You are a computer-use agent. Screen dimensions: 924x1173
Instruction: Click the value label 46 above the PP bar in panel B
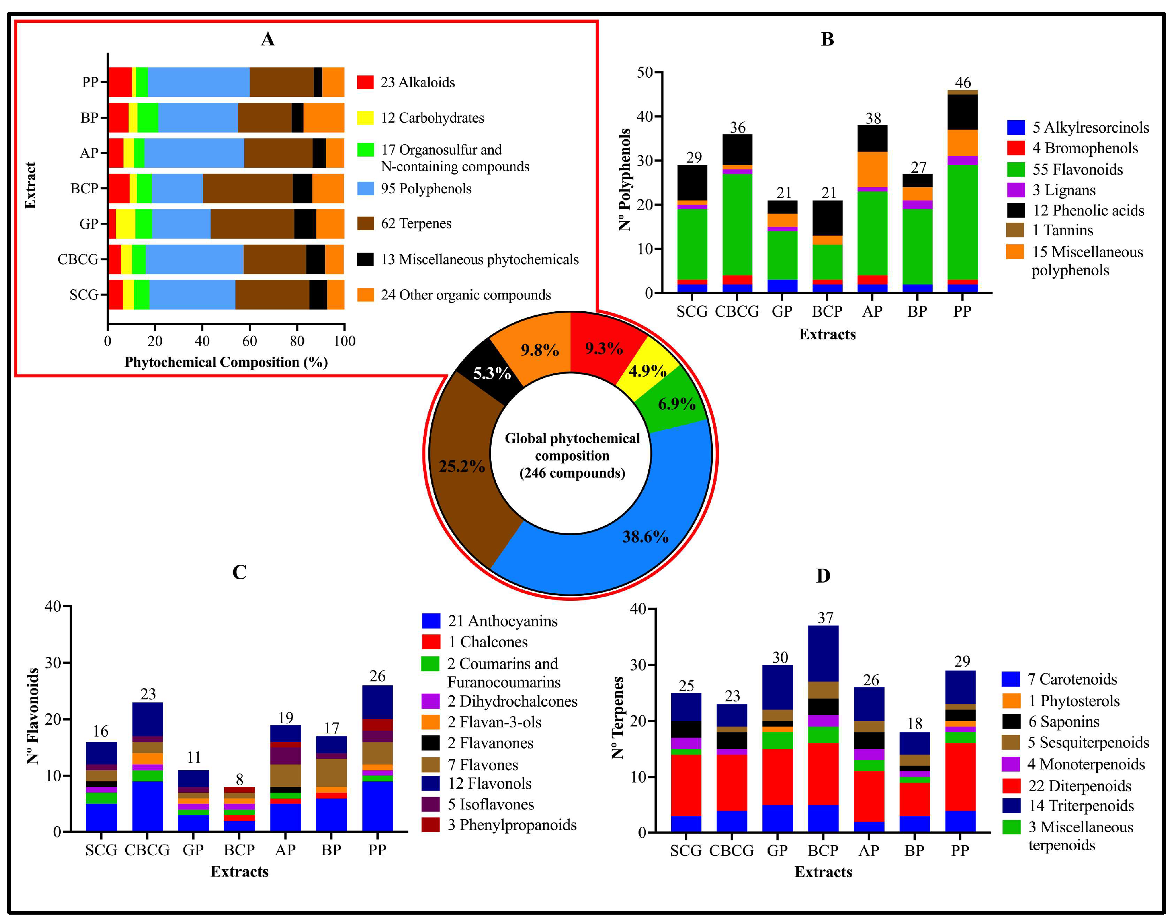click(962, 82)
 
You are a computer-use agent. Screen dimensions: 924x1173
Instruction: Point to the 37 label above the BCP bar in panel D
click(825, 617)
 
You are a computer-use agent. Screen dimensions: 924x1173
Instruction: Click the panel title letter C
click(239, 572)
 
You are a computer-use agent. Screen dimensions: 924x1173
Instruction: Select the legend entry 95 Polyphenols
click(426, 188)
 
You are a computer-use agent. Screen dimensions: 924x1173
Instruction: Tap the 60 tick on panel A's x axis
click(249, 341)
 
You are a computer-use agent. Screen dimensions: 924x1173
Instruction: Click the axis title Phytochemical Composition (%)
click(226, 362)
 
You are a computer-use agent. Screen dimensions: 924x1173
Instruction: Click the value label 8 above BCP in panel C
click(239, 779)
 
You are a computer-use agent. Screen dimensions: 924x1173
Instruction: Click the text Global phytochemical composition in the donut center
click(572, 447)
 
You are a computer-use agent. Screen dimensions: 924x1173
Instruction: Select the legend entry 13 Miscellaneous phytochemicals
click(479, 259)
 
